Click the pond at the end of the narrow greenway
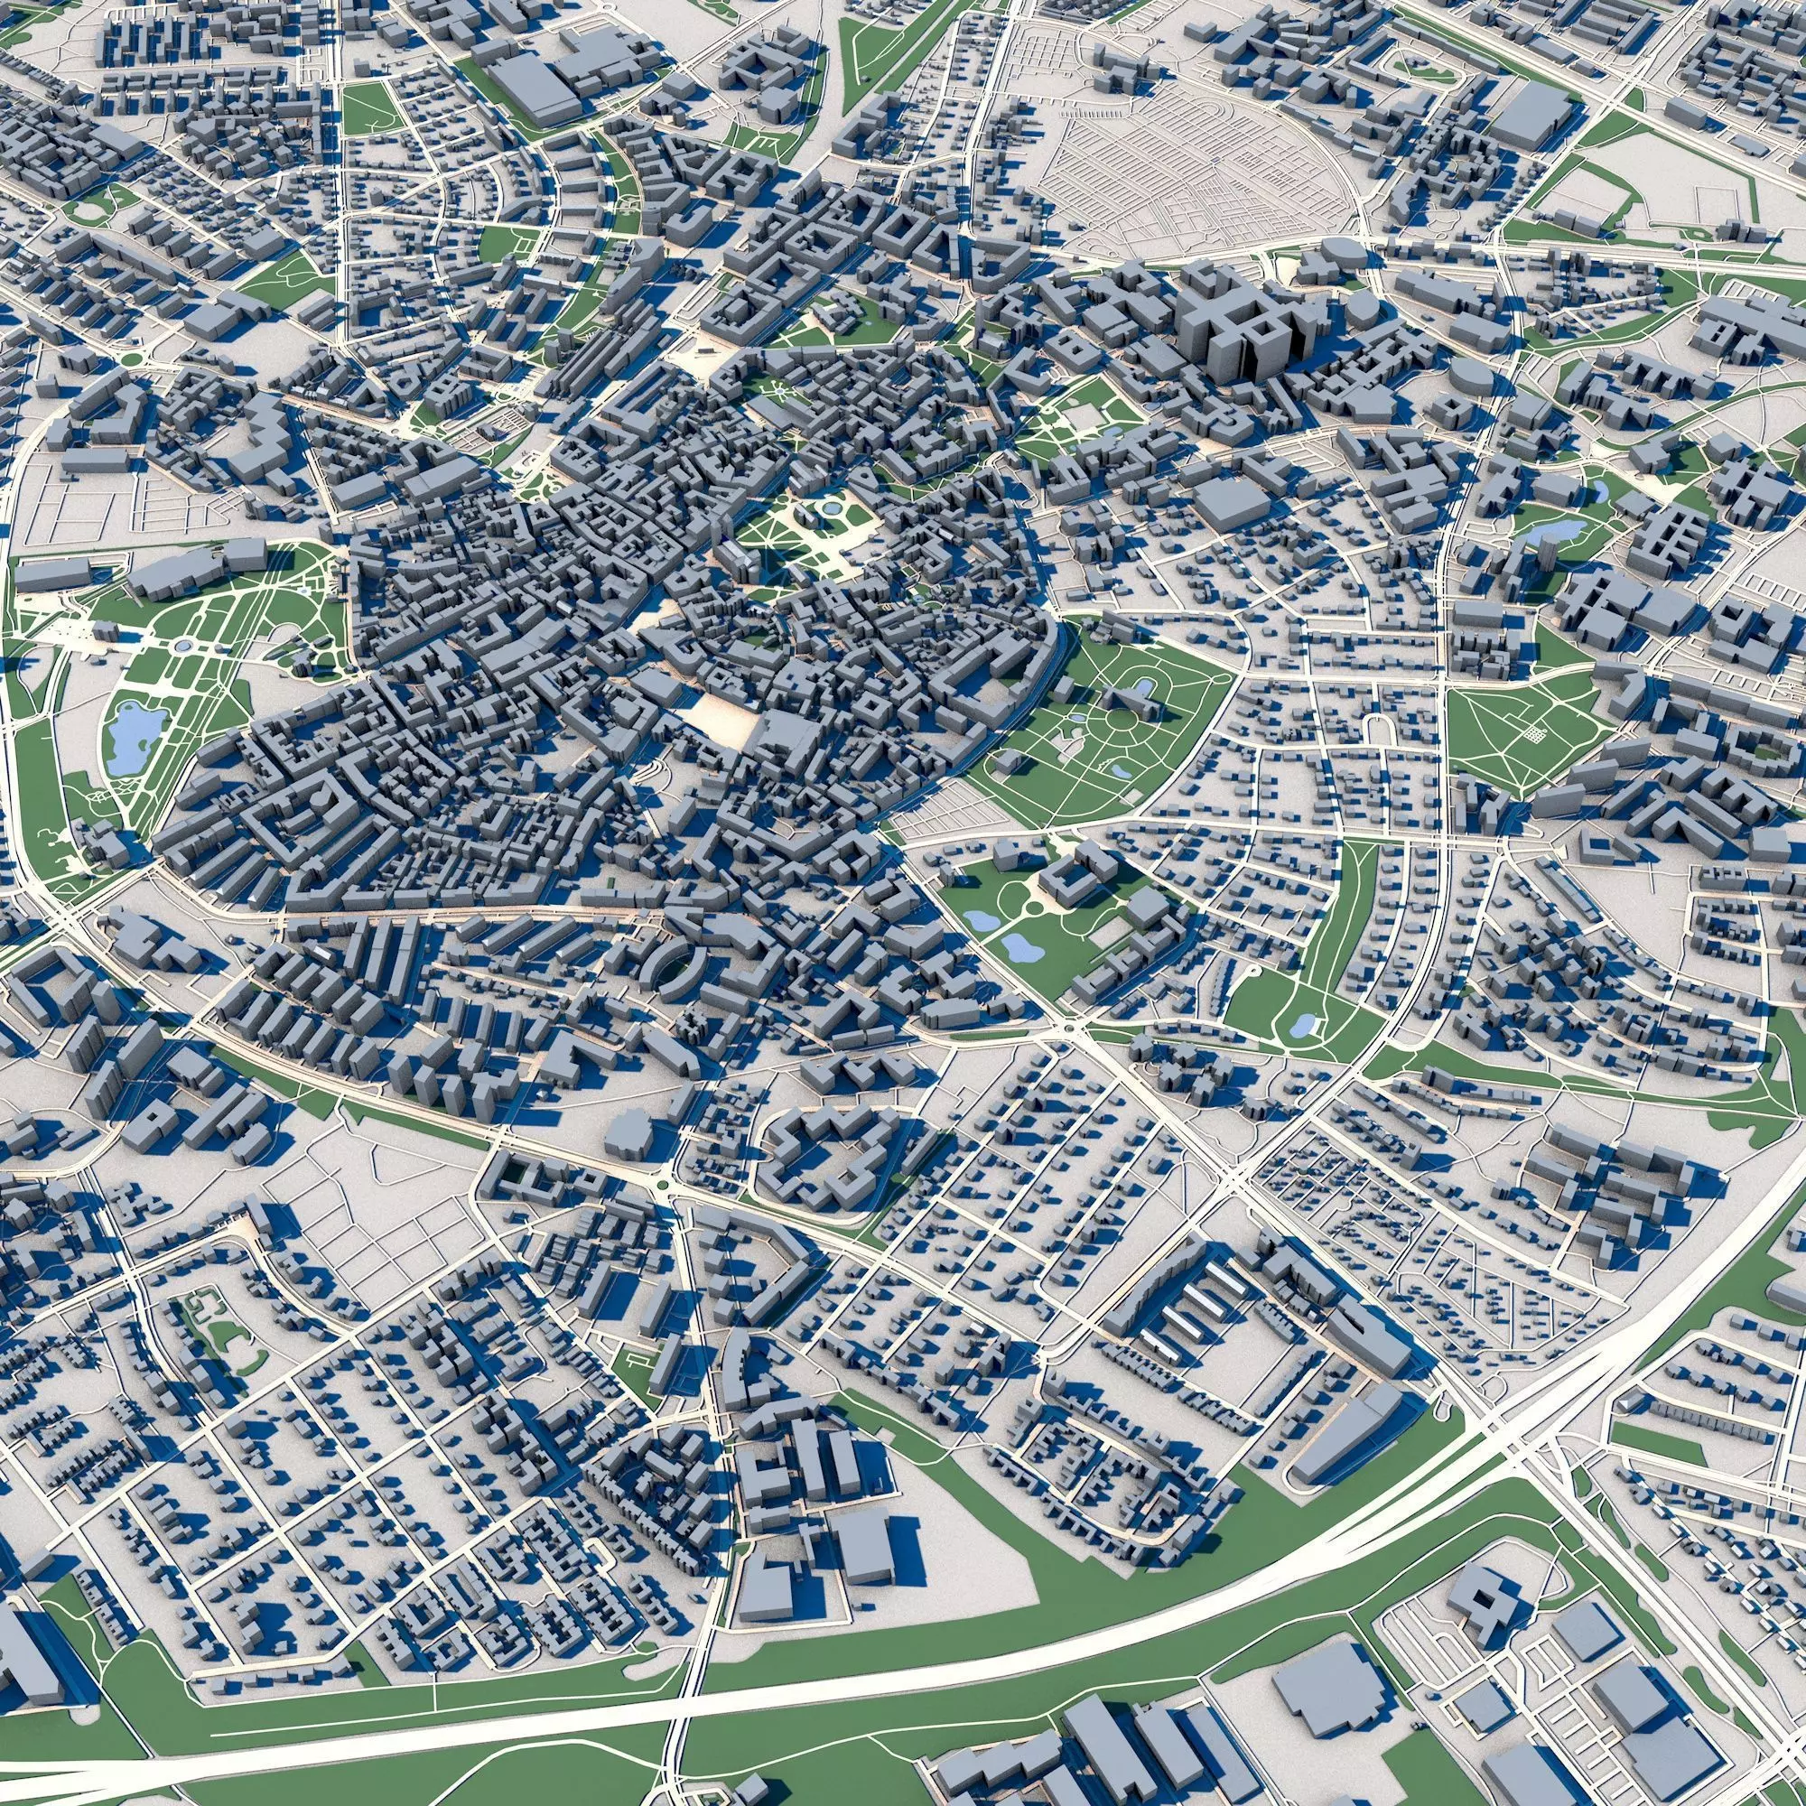tap(1300, 1027)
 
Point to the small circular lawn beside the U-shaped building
tap(1033, 908)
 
